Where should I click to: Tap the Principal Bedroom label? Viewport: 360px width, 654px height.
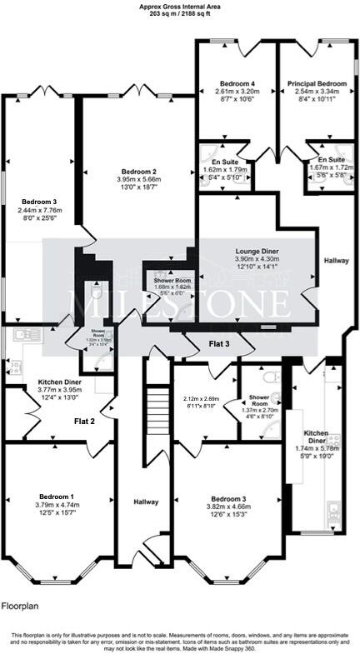317,84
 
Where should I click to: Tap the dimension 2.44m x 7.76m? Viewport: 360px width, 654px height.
40,210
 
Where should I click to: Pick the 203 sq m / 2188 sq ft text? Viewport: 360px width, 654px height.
179,14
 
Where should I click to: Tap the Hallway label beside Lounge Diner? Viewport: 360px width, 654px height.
337,261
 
